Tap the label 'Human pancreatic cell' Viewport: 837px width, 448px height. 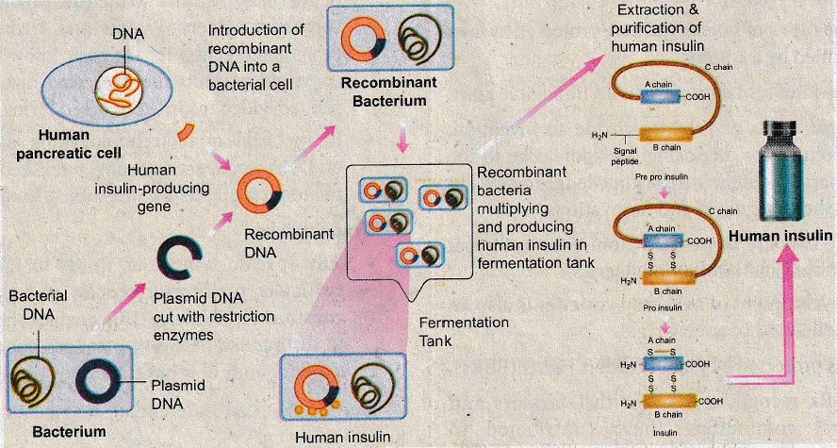tap(69, 143)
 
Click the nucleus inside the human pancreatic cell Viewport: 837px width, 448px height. tap(119, 91)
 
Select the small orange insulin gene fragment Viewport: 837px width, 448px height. tap(186, 131)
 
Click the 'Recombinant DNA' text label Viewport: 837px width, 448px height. tap(288, 243)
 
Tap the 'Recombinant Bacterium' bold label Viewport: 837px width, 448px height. tap(389, 91)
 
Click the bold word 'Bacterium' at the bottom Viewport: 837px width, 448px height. tap(69, 431)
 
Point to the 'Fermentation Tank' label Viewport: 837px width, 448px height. tap(464, 332)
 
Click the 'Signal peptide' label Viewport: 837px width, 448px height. tap(625, 156)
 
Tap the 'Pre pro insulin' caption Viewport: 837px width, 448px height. tap(661, 175)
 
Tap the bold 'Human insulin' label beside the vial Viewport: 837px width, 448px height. tap(780, 236)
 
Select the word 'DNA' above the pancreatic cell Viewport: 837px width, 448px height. tap(128, 35)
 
